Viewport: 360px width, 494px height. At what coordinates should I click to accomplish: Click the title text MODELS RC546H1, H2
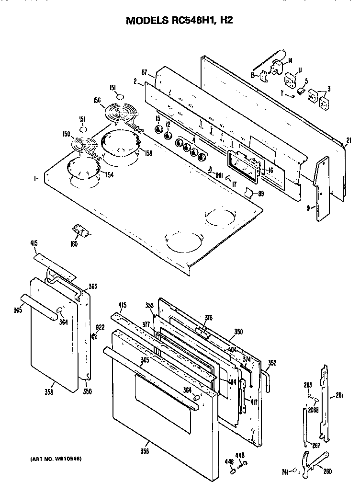click(x=179, y=21)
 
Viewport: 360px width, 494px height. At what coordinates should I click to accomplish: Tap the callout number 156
click(x=97, y=101)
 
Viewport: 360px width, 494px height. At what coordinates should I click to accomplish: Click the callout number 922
click(x=100, y=327)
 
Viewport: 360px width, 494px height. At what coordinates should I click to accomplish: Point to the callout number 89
click(x=260, y=194)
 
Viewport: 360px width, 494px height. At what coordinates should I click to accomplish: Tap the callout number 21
click(x=349, y=140)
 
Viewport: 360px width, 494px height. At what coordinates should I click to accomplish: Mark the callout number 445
click(x=240, y=455)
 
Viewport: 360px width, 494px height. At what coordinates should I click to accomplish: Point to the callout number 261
click(x=339, y=395)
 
